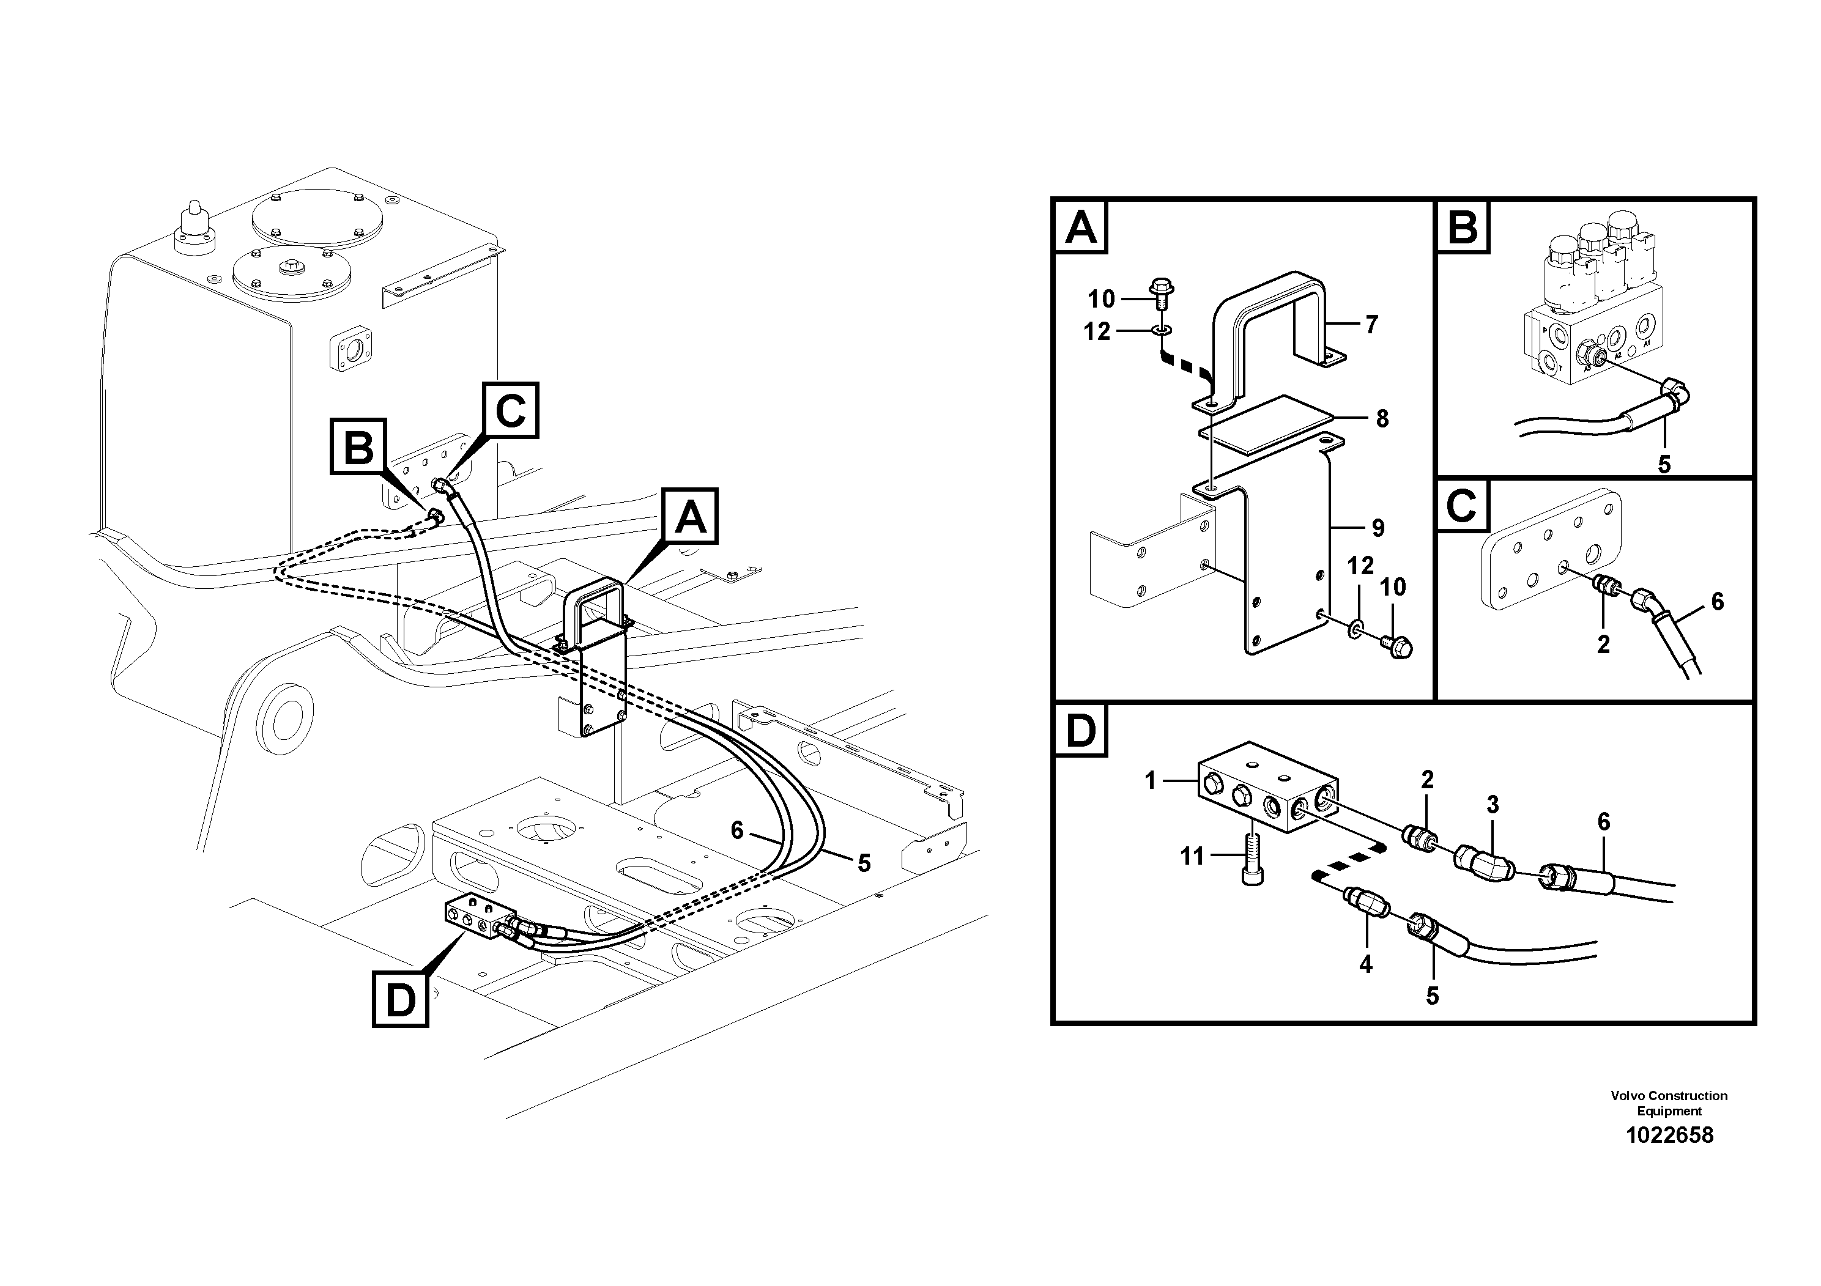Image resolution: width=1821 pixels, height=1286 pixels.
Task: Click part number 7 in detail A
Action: coord(1371,324)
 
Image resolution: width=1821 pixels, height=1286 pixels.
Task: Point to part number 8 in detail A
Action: coord(1382,419)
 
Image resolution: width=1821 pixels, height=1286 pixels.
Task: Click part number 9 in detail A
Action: coord(1378,528)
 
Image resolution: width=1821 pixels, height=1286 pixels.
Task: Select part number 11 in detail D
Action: coord(1192,856)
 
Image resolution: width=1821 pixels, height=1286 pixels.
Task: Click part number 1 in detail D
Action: coord(1151,781)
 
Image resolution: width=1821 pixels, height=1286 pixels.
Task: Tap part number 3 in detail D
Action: coord(1493,805)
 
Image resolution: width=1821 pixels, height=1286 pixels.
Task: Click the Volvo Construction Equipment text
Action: coord(1669,1103)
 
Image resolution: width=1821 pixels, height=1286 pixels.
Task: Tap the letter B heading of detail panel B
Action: coord(1463,227)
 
